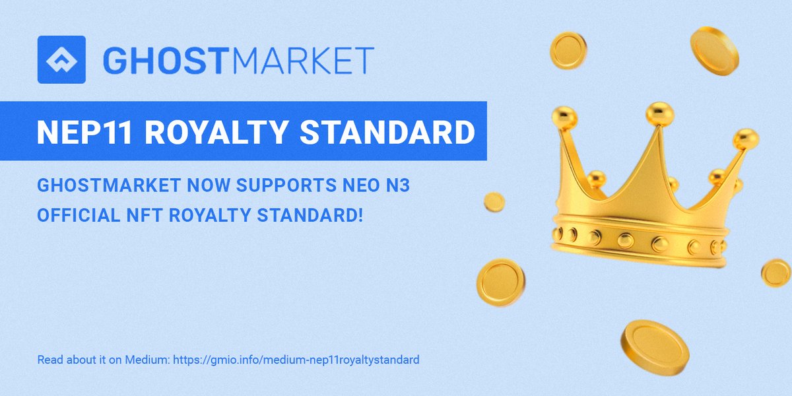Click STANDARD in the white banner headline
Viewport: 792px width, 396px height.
387,132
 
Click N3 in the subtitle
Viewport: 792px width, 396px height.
348,186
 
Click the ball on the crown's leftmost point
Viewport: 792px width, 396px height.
564,117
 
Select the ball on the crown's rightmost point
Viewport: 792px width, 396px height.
746,139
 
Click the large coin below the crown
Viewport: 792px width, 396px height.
654,346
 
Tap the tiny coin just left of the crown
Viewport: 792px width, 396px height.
494,202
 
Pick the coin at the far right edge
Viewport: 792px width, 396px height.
775,273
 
